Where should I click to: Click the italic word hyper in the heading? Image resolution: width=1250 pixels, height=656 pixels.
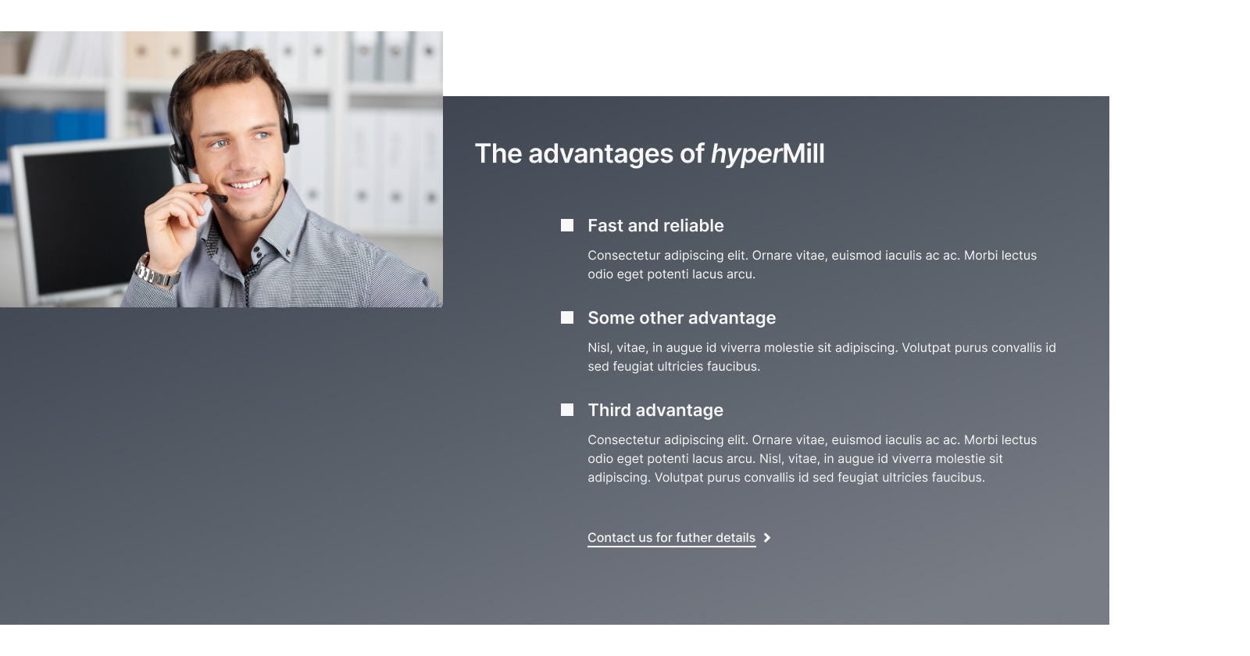(x=746, y=155)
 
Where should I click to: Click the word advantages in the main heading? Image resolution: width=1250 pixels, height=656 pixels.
(x=601, y=153)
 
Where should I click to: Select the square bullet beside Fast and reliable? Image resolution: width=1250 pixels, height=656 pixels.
(x=567, y=225)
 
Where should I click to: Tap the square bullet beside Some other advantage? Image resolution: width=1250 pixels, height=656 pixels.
(x=567, y=317)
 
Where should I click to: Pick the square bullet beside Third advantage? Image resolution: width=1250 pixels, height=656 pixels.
(x=567, y=410)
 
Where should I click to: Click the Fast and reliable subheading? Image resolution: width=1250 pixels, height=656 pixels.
(x=655, y=225)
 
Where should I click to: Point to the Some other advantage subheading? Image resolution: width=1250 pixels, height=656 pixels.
(x=681, y=317)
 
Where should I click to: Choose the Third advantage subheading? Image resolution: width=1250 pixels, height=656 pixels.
(x=655, y=410)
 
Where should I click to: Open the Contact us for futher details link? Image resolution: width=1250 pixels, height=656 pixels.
(x=671, y=538)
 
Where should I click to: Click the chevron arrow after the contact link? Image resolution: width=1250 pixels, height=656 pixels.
(x=767, y=538)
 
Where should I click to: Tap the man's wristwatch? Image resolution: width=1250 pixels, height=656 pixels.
(x=157, y=273)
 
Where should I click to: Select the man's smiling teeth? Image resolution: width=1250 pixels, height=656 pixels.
(x=246, y=184)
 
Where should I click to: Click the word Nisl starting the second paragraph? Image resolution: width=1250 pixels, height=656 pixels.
(x=599, y=348)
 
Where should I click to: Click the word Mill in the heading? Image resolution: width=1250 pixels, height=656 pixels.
(x=804, y=153)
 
